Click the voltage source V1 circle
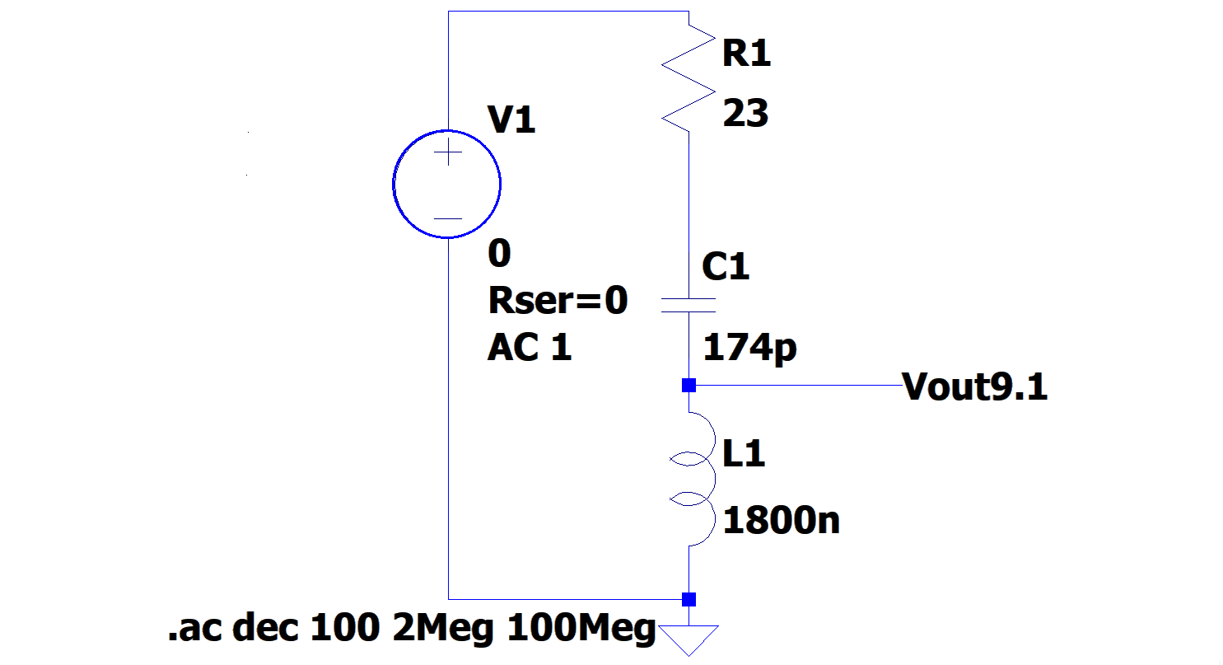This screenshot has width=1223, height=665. pyautogui.click(x=447, y=184)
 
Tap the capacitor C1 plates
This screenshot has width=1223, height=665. pyautogui.click(x=689, y=306)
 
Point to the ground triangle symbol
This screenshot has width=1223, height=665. pyautogui.click(x=689, y=639)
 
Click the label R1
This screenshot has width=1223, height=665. pyautogui.click(x=746, y=54)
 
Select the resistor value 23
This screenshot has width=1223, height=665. pyautogui.click(x=745, y=114)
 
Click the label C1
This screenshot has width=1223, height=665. pyautogui.click(x=726, y=267)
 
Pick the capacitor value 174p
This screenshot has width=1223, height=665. pyautogui.click(x=749, y=348)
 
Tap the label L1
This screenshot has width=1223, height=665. pyautogui.click(x=745, y=453)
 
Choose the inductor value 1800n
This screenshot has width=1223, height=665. pyautogui.click(x=781, y=521)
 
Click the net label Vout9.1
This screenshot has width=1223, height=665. pyautogui.click(x=975, y=386)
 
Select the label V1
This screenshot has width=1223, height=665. pyautogui.click(x=512, y=121)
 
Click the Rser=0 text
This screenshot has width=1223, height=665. pyautogui.click(x=558, y=302)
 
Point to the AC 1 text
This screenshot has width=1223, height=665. pyautogui.click(x=530, y=349)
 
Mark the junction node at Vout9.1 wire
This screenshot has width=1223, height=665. pyautogui.click(x=689, y=386)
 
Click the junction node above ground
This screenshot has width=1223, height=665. pyautogui.click(x=689, y=599)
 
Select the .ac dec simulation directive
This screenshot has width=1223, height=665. pyautogui.click(x=412, y=630)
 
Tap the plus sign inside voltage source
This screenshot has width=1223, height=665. pyautogui.click(x=448, y=154)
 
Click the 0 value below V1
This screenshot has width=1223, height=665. pyautogui.click(x=499, y=254)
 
